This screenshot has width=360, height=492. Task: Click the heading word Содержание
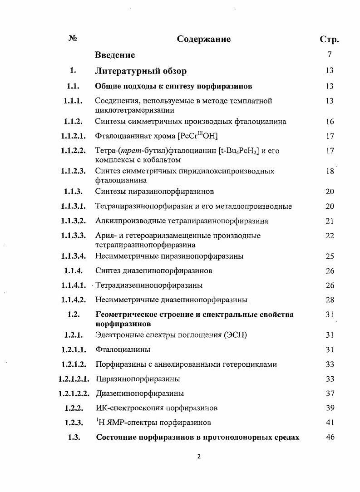click(204, 39)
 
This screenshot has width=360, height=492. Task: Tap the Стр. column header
click(329, 39)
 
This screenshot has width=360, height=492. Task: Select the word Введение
click(115, 55)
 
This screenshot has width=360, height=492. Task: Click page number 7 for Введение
click(330, 55)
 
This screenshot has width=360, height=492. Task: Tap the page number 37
click(330, 393)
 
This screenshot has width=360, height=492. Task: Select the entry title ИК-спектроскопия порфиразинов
click(153, 408)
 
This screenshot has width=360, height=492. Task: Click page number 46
click(330, 438)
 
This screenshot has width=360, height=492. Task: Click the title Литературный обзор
click(141, 71)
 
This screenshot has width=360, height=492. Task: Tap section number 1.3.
click(74, 438)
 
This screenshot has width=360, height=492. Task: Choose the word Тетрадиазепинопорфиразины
click(149, 285)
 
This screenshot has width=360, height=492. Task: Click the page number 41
click(330, 423)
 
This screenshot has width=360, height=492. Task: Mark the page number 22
click(330, 236)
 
